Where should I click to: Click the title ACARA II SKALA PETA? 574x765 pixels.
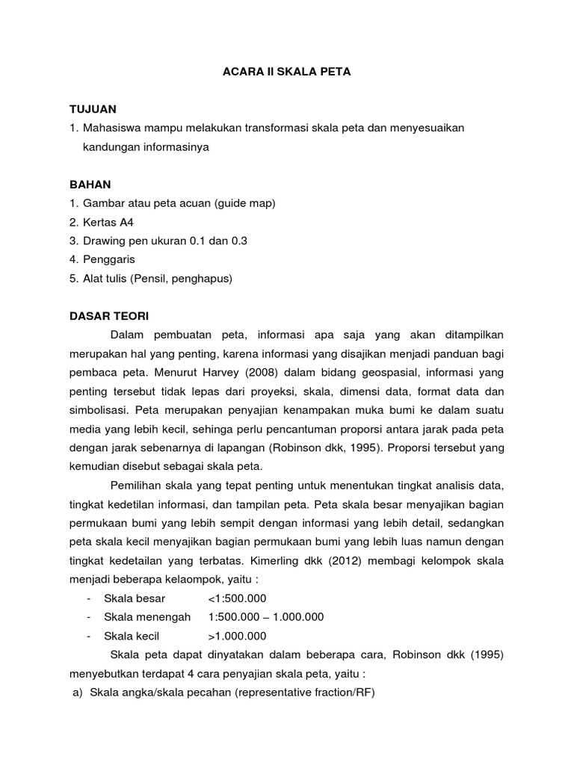pos(287,72)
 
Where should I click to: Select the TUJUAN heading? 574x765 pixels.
pos(93,109)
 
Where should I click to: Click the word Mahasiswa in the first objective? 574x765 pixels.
pos(114,128)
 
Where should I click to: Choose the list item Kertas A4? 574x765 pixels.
pos(106,222)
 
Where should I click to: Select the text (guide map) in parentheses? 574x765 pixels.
pos(246,203)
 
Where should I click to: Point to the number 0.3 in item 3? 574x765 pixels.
pos(238,241)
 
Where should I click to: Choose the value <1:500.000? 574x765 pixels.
pos(237,598)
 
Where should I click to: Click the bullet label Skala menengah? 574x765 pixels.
pos(147,617)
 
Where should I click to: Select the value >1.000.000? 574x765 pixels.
pos(237,636)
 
